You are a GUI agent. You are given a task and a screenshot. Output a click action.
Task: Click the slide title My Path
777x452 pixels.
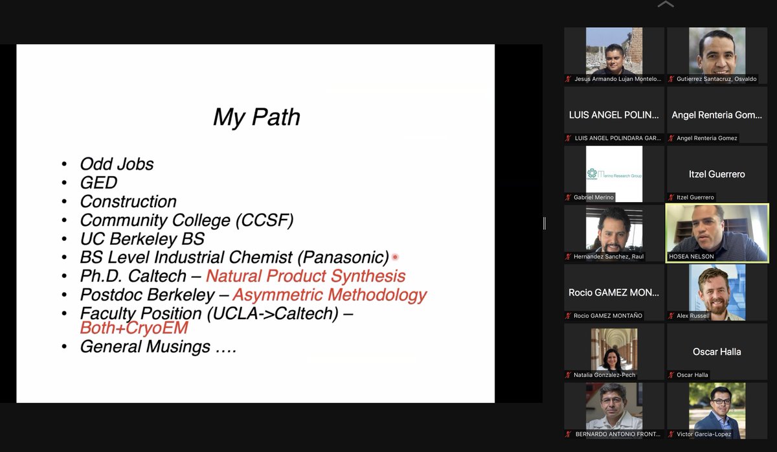coord(256,117)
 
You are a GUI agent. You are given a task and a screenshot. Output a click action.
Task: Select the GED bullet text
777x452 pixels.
coord(98,183)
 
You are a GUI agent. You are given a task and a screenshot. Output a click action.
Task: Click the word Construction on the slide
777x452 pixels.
coord(128,201)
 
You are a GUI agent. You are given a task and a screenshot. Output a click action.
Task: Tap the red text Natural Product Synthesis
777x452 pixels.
coord(306,276)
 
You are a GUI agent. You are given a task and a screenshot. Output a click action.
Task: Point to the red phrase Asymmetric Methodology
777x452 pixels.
coord(330,295)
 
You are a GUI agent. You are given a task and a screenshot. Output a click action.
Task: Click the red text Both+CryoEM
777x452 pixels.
coord(134,328)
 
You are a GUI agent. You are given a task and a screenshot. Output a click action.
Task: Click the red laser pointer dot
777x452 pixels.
coord(395,257)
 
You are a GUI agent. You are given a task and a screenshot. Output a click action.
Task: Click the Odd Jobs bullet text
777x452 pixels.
coord(117,164)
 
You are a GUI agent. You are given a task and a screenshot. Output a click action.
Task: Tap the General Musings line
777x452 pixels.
coord(157,346)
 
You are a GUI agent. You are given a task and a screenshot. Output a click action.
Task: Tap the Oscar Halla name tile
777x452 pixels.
coord(717,352)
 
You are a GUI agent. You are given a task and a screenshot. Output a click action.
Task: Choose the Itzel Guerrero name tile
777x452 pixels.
coord(717,174)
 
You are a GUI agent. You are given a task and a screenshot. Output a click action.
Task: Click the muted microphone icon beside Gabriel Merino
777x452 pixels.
coord(569,198)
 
